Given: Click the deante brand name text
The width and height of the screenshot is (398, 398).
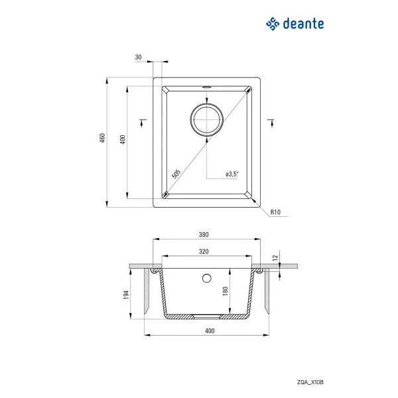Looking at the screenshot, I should (304, 24).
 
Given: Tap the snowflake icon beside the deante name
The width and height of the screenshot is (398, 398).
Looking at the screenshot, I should (273, 24).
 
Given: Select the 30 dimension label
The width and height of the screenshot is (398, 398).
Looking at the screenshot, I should (138, 58).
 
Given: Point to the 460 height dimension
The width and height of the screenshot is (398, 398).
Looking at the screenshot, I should (102, 139).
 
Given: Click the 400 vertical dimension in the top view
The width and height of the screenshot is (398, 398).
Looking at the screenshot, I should (122, 140).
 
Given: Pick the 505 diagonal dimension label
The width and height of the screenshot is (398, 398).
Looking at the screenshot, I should (176, 174).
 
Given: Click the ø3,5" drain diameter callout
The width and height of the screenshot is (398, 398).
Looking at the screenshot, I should (232, 174).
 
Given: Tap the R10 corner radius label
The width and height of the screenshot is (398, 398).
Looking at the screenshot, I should (277, 212).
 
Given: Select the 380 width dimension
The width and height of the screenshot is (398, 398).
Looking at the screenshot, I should (204, 234).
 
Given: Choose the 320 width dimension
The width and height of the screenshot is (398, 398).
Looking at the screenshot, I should (204, 251).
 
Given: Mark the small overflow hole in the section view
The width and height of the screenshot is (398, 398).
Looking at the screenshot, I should (206, 277).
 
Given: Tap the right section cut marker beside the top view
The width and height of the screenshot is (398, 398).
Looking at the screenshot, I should (271, 121).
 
